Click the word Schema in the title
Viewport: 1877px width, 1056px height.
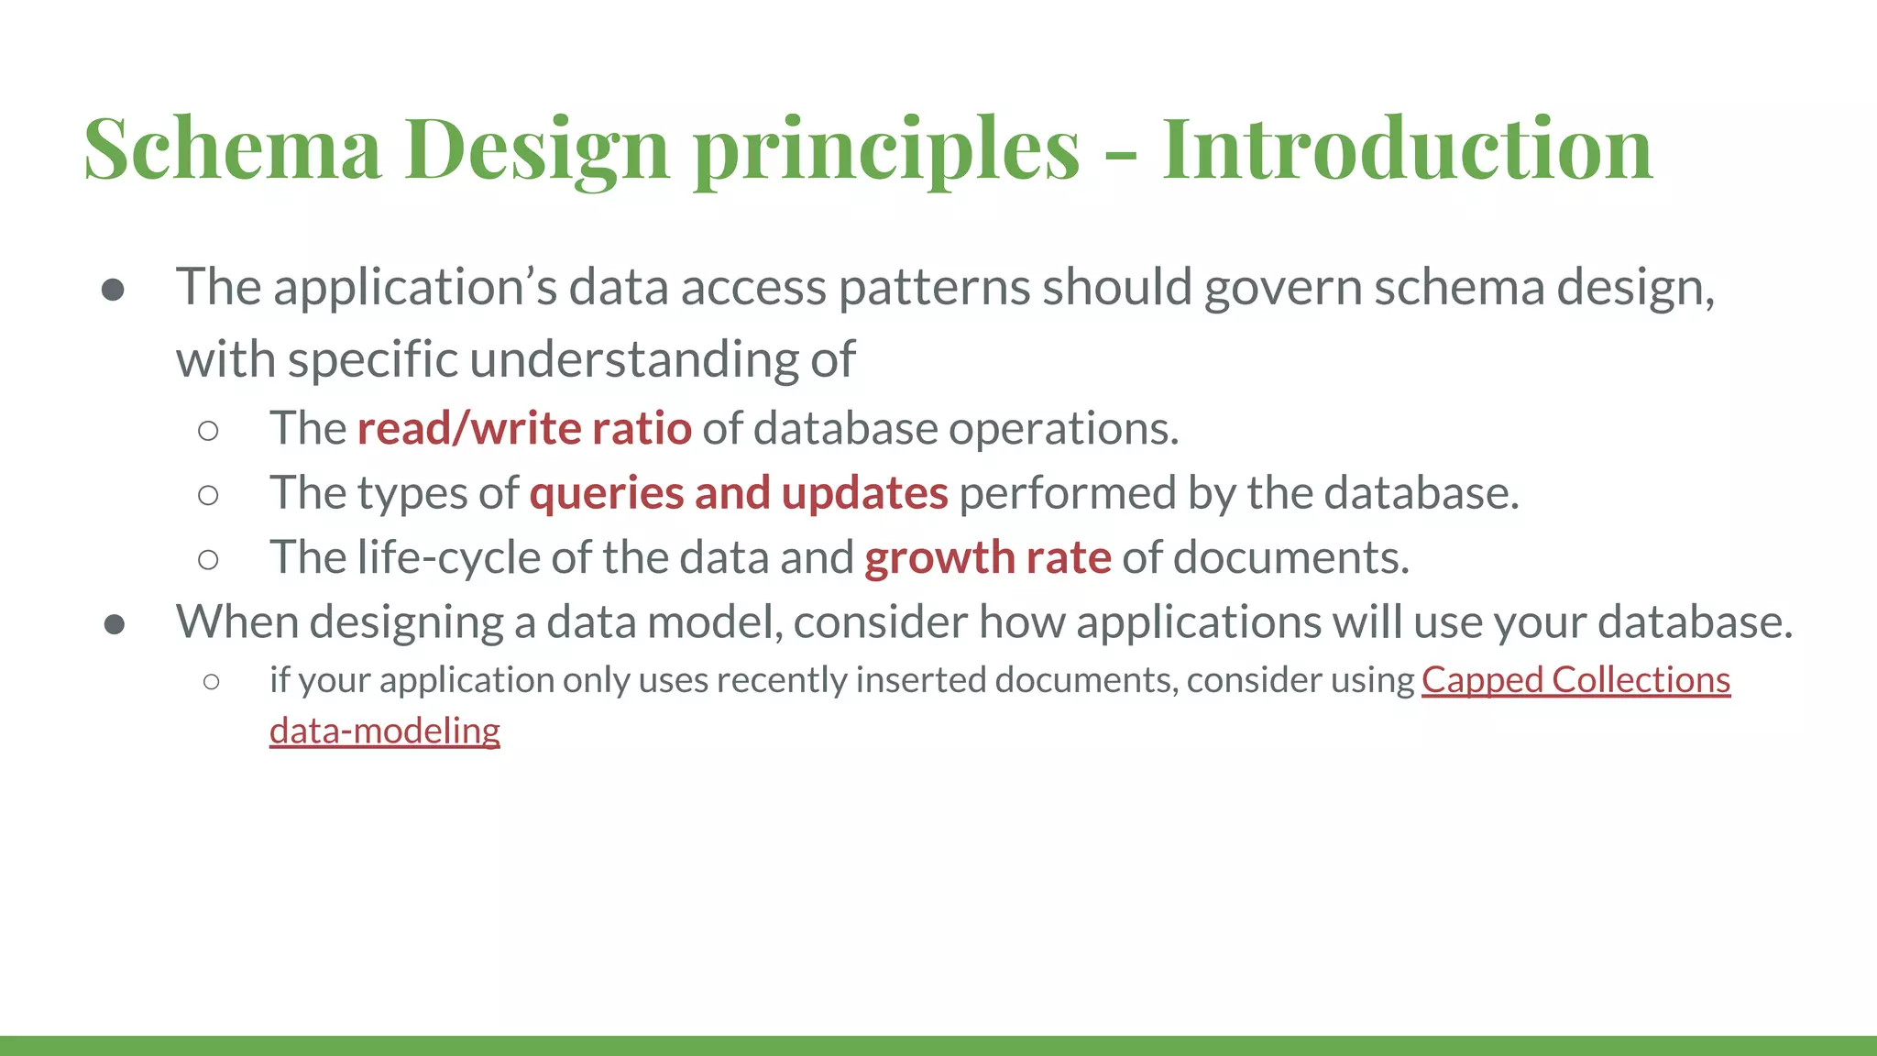coord(232,148)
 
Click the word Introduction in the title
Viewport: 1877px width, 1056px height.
coord(1407,148)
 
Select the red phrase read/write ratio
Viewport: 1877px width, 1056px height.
coord(523,428)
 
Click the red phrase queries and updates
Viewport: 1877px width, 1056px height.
coord(738,493)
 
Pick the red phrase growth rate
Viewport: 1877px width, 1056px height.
coord(987,557)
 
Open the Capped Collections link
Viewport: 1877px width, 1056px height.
coord(1575,680)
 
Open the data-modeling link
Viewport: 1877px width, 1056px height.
coord(384,731)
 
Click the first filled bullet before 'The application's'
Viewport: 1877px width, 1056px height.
coord(114,291)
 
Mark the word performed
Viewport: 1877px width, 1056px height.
coord(1067,493)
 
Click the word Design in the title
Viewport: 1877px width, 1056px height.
coord(536,148)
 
